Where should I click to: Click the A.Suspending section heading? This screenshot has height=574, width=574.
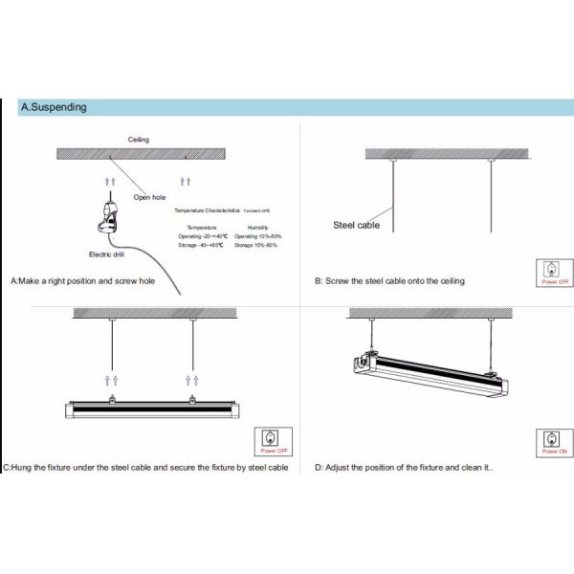point(54,107)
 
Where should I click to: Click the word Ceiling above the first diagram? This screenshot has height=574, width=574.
point(140,140)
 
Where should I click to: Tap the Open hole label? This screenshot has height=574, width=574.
point(150,197)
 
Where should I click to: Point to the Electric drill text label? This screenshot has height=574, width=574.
point(107,254)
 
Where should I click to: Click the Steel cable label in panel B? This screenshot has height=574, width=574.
point(357,225)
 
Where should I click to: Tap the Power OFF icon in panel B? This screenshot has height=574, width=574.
point(556,272)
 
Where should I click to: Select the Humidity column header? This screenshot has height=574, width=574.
point(257,227)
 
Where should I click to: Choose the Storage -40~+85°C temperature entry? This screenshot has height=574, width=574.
point(201,245)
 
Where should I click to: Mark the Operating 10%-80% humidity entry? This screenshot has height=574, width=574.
point(257,235)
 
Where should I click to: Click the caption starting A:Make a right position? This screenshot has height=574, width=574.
point(82,281)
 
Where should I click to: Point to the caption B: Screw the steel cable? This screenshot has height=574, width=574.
point(389,280)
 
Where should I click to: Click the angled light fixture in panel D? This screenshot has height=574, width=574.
point(430,372)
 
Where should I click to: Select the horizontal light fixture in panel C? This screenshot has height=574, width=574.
point(148,408)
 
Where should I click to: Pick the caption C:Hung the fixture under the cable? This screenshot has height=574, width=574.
point(145,467)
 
